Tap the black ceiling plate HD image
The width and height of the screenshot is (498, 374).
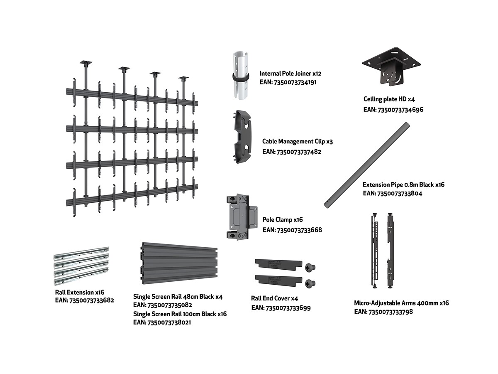pos(391,67)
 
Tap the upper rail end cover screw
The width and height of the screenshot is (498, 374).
pos(310,268)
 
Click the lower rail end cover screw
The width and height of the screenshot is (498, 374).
pos(310,283)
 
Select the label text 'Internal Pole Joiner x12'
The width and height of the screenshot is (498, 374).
pos(290,73)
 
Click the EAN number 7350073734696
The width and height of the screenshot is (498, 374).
pos(393,110)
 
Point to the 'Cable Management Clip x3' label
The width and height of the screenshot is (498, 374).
pos(297,142)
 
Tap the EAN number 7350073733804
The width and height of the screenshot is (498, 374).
pos(393,193)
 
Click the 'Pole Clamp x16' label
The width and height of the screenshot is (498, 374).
pos(283,219)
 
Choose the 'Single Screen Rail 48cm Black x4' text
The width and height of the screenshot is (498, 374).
pos(178,297)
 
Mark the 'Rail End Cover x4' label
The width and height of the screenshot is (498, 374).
pos(274,298)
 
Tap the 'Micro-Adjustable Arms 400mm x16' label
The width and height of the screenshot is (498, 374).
pos(401,303)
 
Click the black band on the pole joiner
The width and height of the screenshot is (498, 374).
pos(241,78)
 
